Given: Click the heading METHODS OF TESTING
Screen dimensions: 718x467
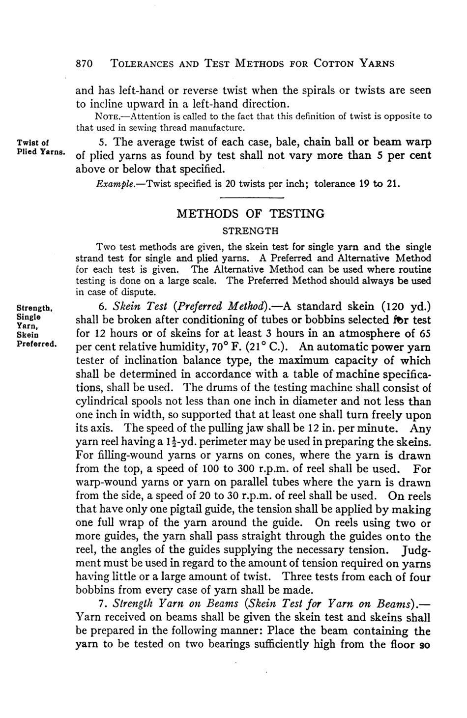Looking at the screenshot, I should pyautogui.click(x=250, y=214).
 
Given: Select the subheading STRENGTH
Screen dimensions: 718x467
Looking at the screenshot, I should pyautogui.click(x=251, y=230).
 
